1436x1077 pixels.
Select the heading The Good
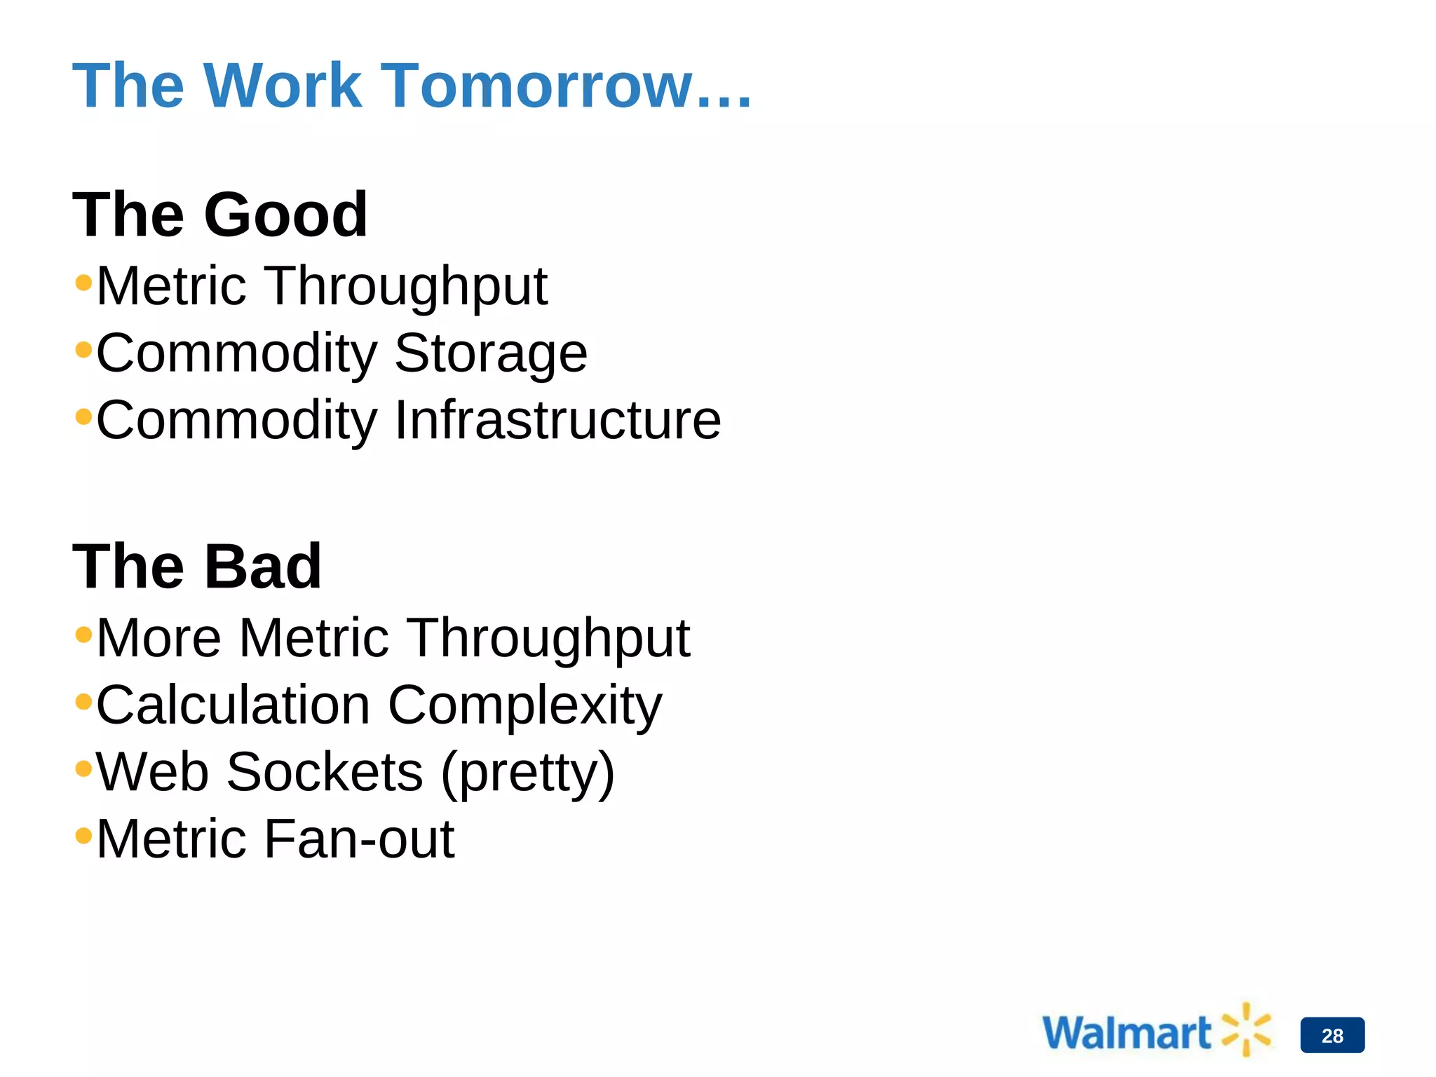pos(220,215)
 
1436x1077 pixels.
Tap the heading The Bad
pos(197,567)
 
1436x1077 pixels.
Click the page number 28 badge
pos(1332,1035)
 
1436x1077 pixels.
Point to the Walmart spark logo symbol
pos(1246,1029)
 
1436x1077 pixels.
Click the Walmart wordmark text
pos(1126,1033)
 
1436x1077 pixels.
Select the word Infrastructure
pos(557,421)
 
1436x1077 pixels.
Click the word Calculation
pos(233,705)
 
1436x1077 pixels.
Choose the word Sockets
pos(325,773)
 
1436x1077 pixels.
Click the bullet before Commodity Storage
pos(83,349)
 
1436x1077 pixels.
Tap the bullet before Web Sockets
pos(83,768)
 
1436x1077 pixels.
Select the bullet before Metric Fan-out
pos(83,835)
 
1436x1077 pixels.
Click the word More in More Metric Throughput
pos(159,639)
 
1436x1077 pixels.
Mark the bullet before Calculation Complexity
pos(83,701)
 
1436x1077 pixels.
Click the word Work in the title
pos(283,86)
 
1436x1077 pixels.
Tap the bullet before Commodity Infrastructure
pos(83,416)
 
